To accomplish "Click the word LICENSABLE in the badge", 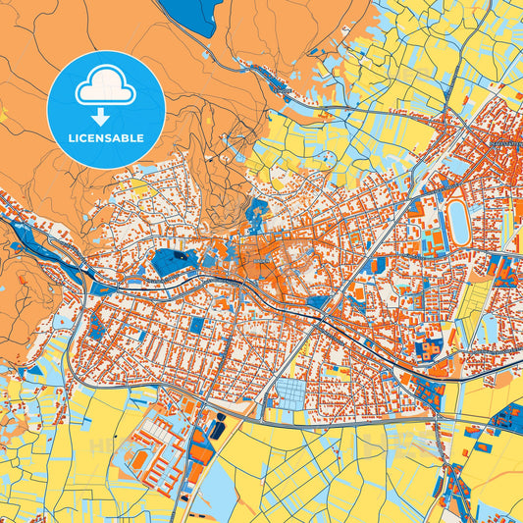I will pyautogui.click(x=106, y=138).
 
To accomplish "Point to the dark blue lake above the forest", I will pyautogui.click(x=197, y=15).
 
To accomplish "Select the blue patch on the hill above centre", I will pyautogui.click(x=258, y=209).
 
